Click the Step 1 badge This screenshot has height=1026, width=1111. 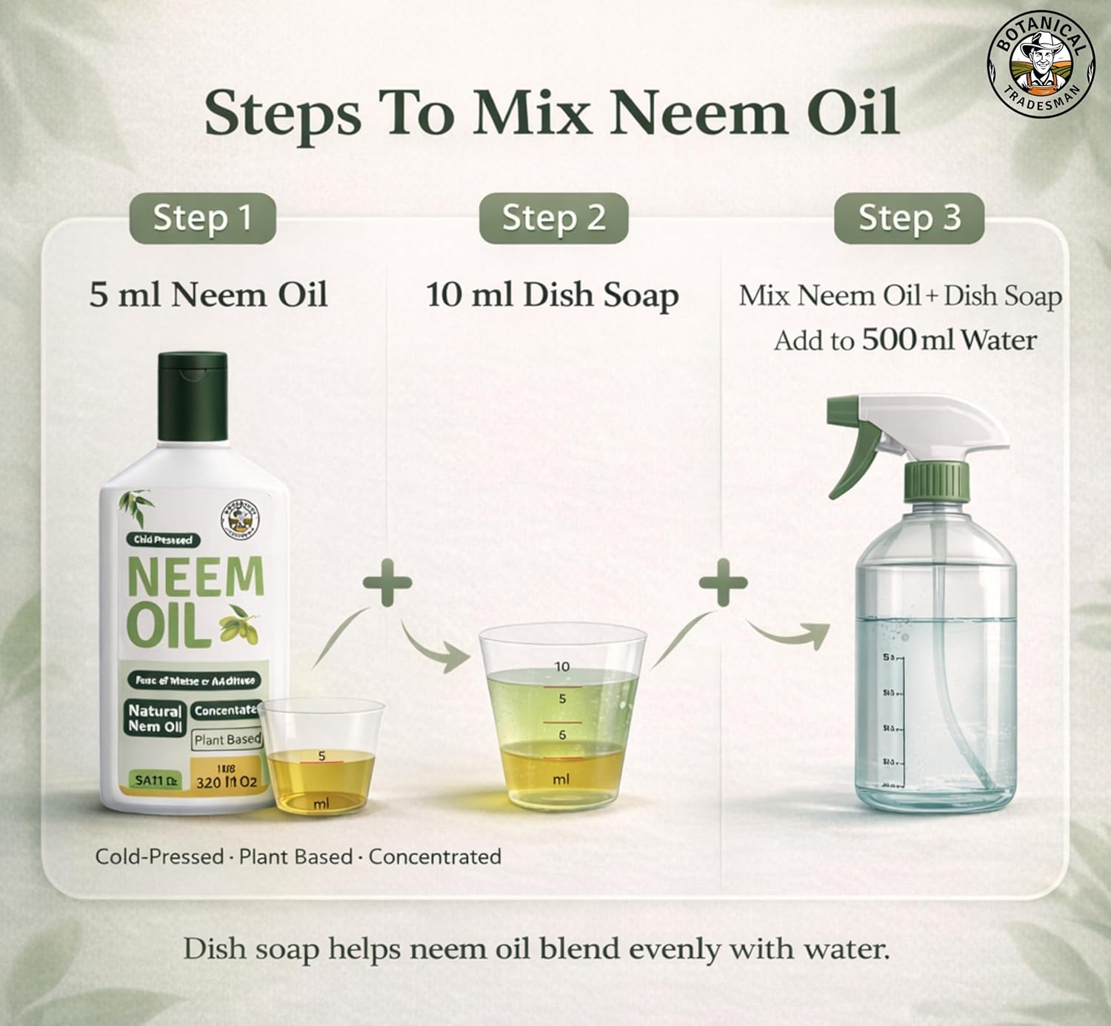202,219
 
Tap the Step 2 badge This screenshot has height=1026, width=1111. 553,219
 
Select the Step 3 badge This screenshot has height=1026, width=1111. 909,219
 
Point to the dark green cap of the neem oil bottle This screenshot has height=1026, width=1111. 193,396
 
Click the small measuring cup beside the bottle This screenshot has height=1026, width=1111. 321,756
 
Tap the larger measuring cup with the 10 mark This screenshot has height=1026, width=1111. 561,715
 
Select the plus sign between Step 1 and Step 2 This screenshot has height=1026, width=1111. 387,582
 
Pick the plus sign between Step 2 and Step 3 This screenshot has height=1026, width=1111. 723,582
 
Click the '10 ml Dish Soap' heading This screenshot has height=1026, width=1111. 552,295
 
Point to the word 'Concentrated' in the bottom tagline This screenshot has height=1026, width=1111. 435,856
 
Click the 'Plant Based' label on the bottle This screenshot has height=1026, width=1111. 227,739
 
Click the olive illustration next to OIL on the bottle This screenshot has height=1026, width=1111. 241,623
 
